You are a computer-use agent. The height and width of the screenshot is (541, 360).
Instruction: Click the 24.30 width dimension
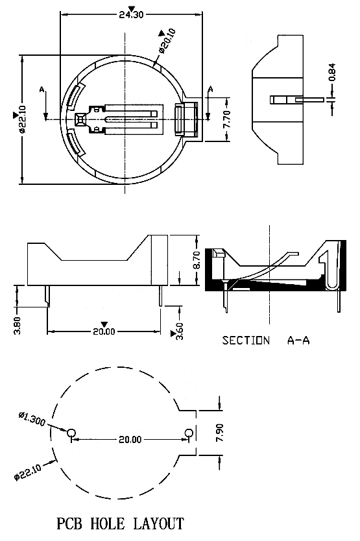131,14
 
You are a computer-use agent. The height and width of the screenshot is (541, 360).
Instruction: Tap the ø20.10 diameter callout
168,41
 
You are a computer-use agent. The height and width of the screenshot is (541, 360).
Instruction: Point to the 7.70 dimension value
226,119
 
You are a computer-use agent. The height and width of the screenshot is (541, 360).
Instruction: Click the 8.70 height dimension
196,260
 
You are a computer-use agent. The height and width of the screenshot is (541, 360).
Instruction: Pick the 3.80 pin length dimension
18,326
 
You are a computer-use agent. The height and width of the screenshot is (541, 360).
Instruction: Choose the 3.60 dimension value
180,331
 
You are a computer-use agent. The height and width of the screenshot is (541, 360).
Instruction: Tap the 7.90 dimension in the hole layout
219,433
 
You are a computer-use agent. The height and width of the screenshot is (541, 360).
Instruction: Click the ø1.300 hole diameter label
32,418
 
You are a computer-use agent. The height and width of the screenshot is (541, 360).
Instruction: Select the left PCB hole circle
71,433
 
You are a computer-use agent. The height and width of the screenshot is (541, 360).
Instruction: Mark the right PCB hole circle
189,433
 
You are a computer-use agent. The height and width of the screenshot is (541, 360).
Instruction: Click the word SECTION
246,341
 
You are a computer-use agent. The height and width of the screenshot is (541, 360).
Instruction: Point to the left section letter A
42,90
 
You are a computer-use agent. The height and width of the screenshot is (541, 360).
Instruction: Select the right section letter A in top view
211,90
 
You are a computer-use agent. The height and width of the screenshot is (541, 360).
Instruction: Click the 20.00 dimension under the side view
104,331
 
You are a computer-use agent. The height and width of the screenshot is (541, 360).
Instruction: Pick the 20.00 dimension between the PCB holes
130,439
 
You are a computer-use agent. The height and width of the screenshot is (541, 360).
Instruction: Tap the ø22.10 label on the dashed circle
28,472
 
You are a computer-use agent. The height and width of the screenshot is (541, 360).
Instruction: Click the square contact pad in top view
80,119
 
